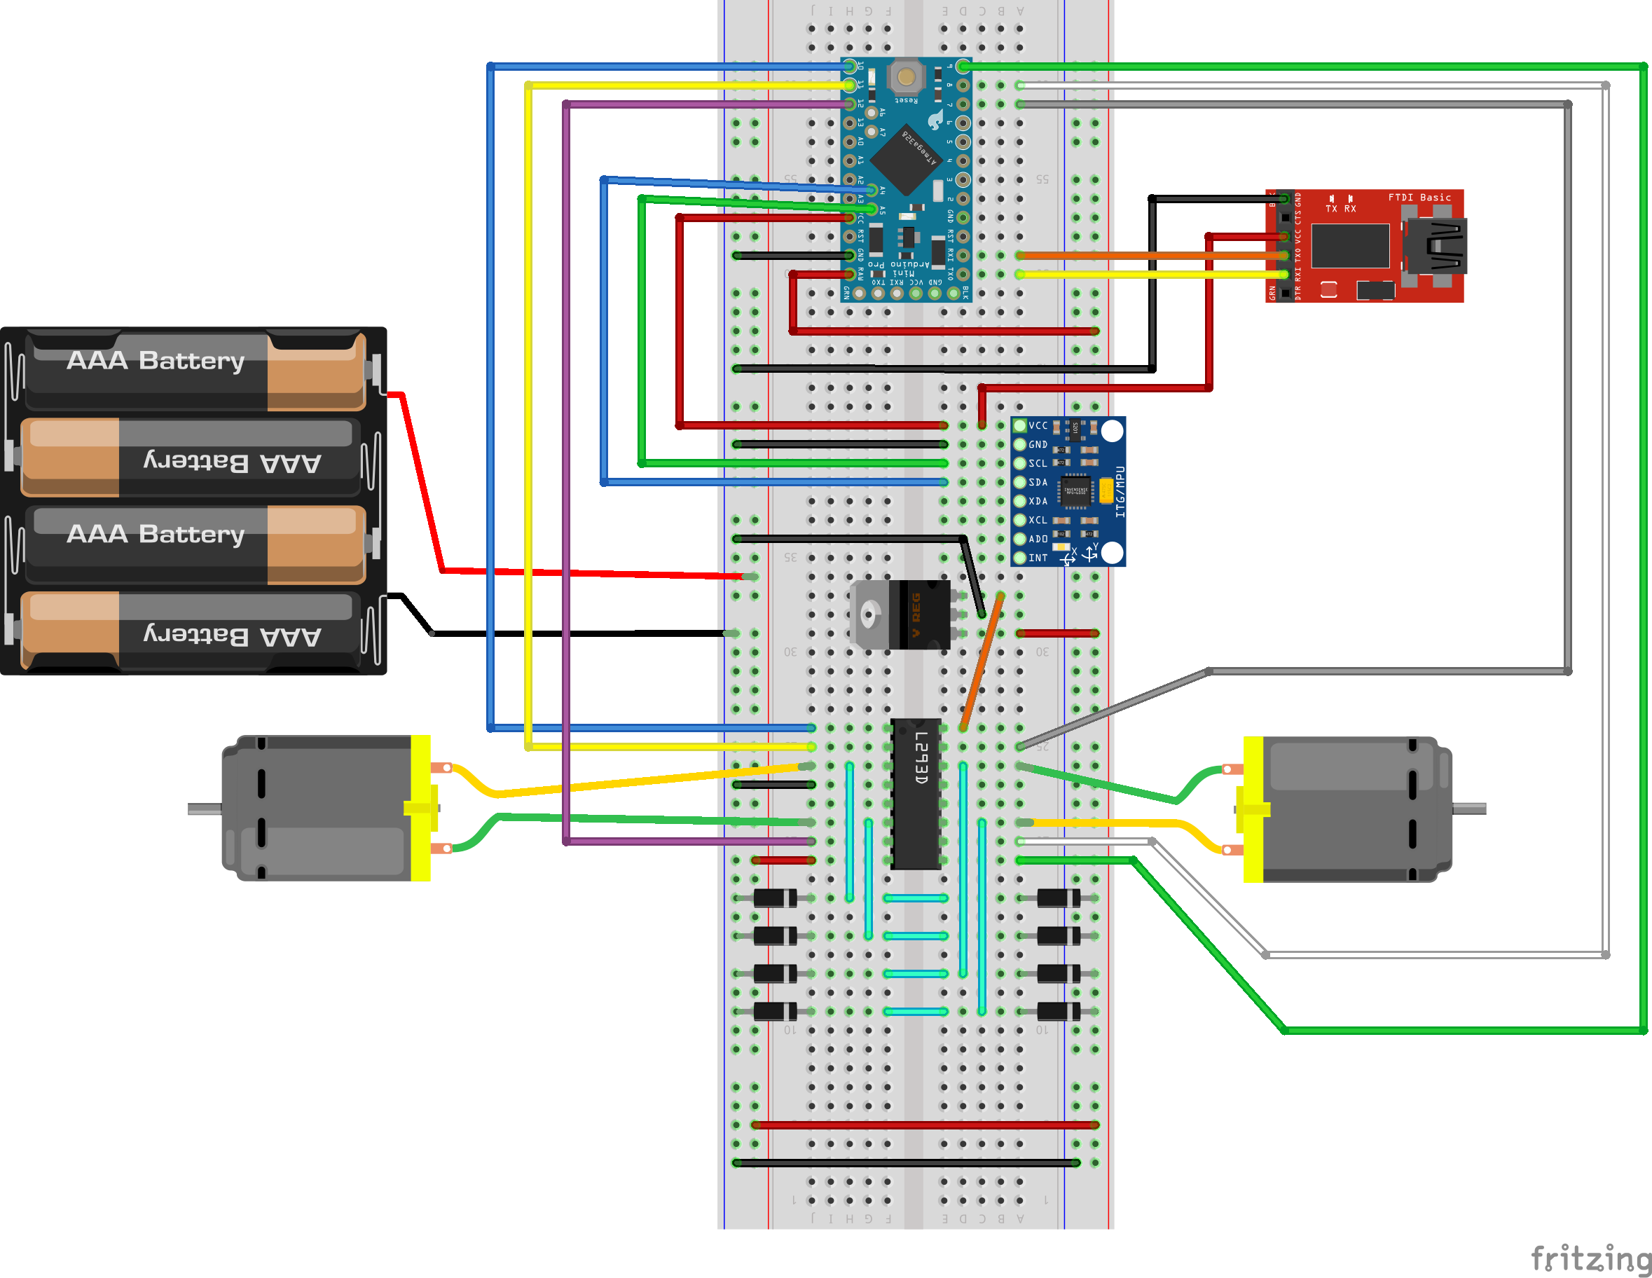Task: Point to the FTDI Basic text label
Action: [x=1419, y=198]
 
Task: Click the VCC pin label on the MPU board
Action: [x=1038, y=426]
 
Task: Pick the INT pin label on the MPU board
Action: [x=1038, y=558]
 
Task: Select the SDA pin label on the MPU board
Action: [x=1038, y=483]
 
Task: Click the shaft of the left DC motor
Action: [x=205, y=809]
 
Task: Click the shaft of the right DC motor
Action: [x=1469, y=809]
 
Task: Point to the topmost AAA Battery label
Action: [x=156, y=361]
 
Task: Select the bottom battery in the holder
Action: [x=189, y=633]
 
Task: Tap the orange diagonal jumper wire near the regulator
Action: [x=982, y=661]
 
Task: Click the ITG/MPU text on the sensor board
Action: [x=1120, y=492]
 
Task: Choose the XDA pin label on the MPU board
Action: [x=1038, y=502]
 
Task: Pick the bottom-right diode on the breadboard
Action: [x=1058, y=1011]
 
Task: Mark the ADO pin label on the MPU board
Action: [x=1038, y=539]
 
